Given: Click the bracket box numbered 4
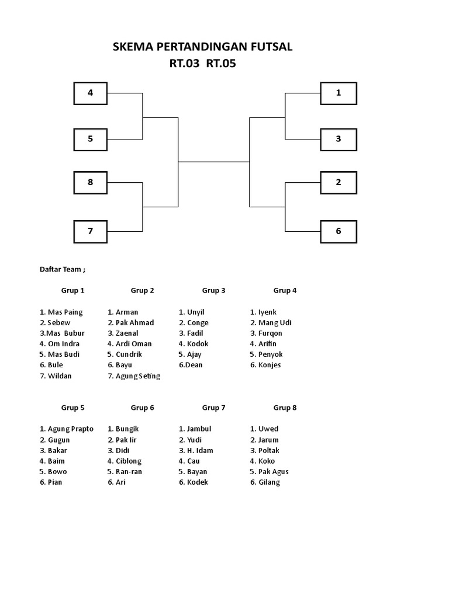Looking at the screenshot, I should pos(90,93).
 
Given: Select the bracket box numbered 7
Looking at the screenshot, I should pos(90,231).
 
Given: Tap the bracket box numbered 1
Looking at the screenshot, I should pos(339,93).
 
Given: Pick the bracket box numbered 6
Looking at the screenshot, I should pos(339,231).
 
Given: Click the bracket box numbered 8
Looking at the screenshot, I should pos(90,182).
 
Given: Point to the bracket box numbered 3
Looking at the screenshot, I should pos(339,139).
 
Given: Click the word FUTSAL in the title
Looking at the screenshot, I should pos(270,47).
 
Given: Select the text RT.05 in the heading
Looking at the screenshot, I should pos(221,64).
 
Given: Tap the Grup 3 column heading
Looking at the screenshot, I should pos(214,290).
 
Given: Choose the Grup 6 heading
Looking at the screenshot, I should pos(143,408).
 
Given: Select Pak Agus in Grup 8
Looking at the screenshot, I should pos(273,471).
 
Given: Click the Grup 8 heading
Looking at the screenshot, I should pos(285,408).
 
